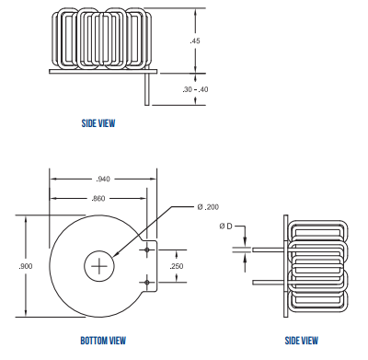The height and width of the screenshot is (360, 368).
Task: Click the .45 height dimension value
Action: [x=195, y=41]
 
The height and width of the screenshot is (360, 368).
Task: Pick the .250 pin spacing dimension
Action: [x=178, y=266]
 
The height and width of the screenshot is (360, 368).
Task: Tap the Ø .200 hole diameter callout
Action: [x=208, y=207]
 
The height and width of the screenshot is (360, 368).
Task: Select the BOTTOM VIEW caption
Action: [x=103, y=341]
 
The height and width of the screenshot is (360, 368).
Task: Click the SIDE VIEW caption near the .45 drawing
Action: [x=98, y=122]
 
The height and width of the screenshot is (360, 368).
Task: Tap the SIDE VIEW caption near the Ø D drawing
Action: [x=302, y=341]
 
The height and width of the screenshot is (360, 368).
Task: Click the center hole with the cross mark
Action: [x=98, y=266]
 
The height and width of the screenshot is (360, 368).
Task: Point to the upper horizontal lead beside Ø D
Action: [x=268, y=249]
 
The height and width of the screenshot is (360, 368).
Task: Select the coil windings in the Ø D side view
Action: [x=318, y=264]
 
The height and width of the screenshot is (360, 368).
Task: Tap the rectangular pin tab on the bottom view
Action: [x=151, y=266]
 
